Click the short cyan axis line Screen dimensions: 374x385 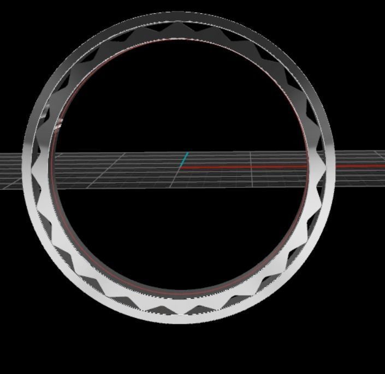tap(185, 159)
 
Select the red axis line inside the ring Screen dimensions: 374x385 tap(246, 167)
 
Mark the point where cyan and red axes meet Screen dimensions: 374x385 tap(181, 167)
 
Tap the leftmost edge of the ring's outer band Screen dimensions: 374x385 tap(23, 164)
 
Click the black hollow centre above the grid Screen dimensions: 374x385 tap(180, 98)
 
